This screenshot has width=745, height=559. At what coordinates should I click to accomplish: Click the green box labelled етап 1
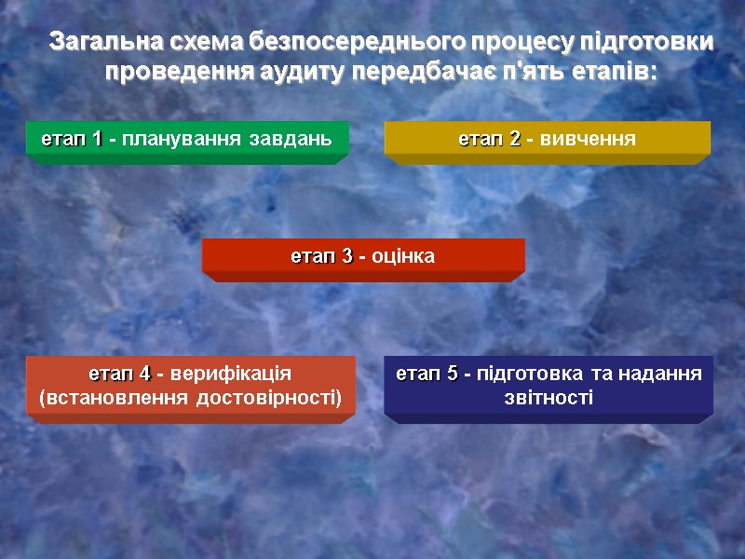pos(187,139)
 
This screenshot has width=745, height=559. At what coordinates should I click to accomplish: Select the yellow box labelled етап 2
pos(548,139)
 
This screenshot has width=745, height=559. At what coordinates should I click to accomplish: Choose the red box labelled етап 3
pos(363,256)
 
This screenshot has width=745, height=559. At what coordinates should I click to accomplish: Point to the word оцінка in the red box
pos(402,256)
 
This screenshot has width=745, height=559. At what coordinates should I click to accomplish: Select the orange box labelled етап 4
pos(191,386)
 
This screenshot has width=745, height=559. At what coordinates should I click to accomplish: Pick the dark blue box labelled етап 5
pos(549,386)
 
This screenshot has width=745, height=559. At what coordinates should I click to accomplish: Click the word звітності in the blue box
pos(548,399)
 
